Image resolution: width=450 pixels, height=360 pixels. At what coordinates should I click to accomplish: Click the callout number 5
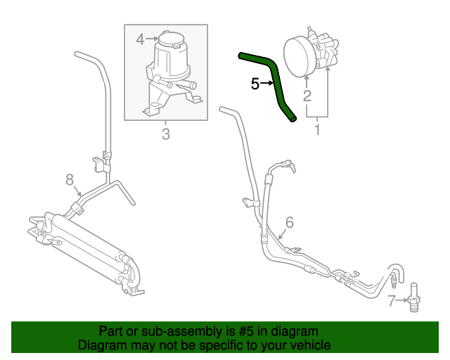point(255,84)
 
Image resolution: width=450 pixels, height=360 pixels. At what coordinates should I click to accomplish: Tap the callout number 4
point(140,39)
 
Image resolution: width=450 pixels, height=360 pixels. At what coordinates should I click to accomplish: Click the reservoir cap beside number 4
point(168,37)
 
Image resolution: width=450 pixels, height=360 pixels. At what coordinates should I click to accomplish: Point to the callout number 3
point(166,134)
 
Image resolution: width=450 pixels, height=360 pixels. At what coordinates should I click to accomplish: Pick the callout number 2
point(307,95)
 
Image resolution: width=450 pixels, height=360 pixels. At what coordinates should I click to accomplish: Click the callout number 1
point(317,129)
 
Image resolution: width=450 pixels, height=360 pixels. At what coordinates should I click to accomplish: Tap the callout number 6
point(289,223)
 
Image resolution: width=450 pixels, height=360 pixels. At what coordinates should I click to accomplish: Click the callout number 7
point(392,302)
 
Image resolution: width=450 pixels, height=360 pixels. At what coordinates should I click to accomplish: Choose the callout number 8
point(70,180)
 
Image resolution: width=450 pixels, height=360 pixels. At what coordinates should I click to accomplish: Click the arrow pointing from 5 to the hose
point(270,84)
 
